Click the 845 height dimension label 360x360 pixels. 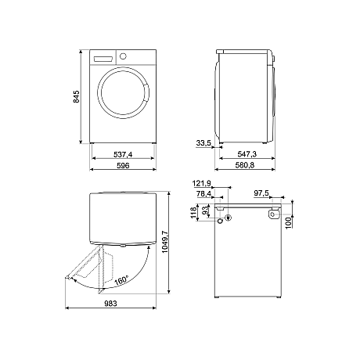[77, 97]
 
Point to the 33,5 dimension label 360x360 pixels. [204, 143]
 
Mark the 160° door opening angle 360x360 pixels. [122, 279]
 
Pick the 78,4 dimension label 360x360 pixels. [204, 193]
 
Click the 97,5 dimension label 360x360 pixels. [261, 193]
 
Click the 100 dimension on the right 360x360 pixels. [288, 224]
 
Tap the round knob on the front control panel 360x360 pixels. [122, 56]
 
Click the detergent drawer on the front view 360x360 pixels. [103, 59]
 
